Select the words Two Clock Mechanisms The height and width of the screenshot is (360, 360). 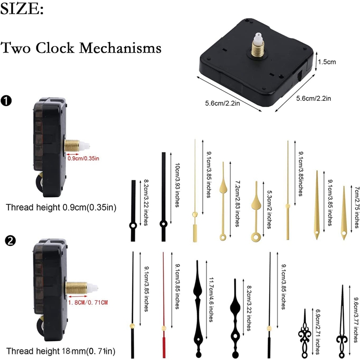[x=81, y=47]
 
